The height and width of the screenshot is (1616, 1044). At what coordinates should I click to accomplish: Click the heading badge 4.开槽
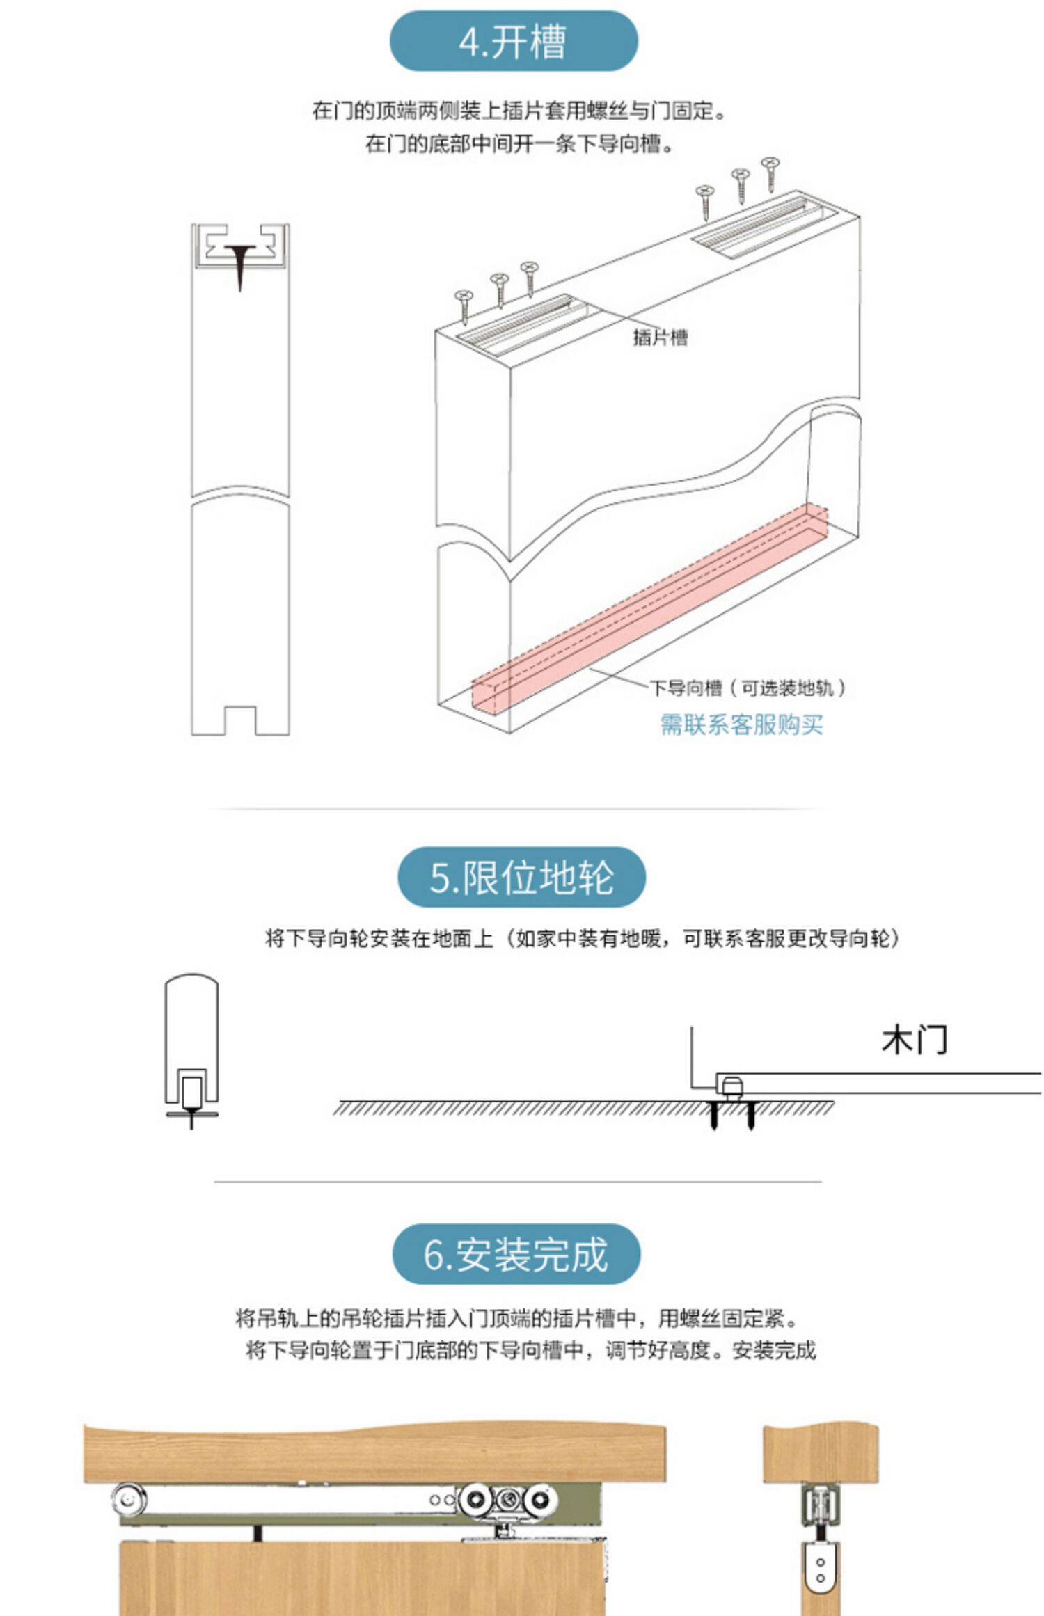pos(513,41)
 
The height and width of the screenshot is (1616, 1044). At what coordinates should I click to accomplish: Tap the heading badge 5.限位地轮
pos(521,877)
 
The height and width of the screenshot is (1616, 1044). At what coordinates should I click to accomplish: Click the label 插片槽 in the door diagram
pos(660,338)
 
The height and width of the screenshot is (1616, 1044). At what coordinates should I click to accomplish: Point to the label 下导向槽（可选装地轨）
pos(748,688)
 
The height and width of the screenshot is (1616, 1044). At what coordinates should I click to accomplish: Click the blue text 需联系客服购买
pos(741,724)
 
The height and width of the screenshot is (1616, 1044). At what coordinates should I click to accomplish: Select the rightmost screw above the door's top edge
pos(770,174)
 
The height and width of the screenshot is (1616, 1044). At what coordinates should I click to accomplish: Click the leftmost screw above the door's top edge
pos(463,307)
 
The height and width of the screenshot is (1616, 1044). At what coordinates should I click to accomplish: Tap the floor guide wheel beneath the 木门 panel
pos(731,1087)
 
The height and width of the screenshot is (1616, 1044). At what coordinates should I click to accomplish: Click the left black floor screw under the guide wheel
pos(713,1115)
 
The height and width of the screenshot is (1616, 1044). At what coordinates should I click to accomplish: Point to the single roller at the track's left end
pos(127,1498)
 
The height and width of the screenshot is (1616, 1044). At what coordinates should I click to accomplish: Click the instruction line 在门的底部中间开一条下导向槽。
pos(520,144)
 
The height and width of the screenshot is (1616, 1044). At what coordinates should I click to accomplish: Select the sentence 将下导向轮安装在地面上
pos(379,939)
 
